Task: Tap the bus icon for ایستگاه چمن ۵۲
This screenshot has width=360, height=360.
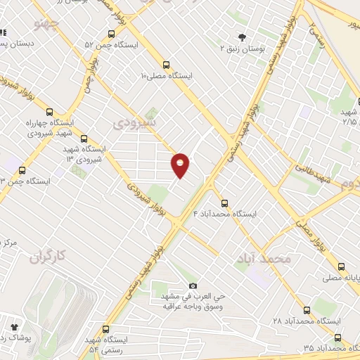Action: coord(111,34)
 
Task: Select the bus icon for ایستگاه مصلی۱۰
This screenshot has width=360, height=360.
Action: coord(166,63)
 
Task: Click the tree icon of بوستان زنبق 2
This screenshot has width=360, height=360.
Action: coord(243,37)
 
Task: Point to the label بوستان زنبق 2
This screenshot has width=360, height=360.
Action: coord(242,49)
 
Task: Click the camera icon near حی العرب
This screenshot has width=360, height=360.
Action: coord(193,286)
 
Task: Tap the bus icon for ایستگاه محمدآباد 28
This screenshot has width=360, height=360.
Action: coord(307,310)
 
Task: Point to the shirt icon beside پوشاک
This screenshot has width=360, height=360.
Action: coord(13,327)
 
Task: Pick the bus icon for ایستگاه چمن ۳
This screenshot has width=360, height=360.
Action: coord(22,170)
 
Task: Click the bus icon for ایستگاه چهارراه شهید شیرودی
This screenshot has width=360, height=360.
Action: coord(50,110)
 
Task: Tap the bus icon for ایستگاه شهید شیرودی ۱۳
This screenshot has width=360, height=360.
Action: coord(84,139)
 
